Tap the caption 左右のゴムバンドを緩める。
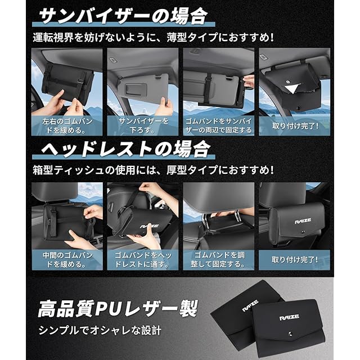tap(67, 125)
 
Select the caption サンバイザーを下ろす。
tap(143, 125)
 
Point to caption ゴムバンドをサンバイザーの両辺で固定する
tap(219, 125)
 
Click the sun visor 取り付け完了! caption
tap(295, 126)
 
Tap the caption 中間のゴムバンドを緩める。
tap(67, 260)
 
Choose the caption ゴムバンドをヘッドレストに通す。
tap(143, 260)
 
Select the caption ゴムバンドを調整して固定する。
tap(219, 260)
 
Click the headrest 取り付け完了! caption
tap(295, 260)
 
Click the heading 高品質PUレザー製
tap(118, 308)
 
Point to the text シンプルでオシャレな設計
tap(100, 331)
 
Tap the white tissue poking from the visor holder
tap(292, 88)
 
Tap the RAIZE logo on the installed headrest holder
tap(303, 221)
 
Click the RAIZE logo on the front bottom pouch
tap(289, 318)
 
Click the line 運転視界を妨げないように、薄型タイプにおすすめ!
tap(153, 38)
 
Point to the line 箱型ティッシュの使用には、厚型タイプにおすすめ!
tap(153, 170)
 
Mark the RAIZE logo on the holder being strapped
tap(149, 226)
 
